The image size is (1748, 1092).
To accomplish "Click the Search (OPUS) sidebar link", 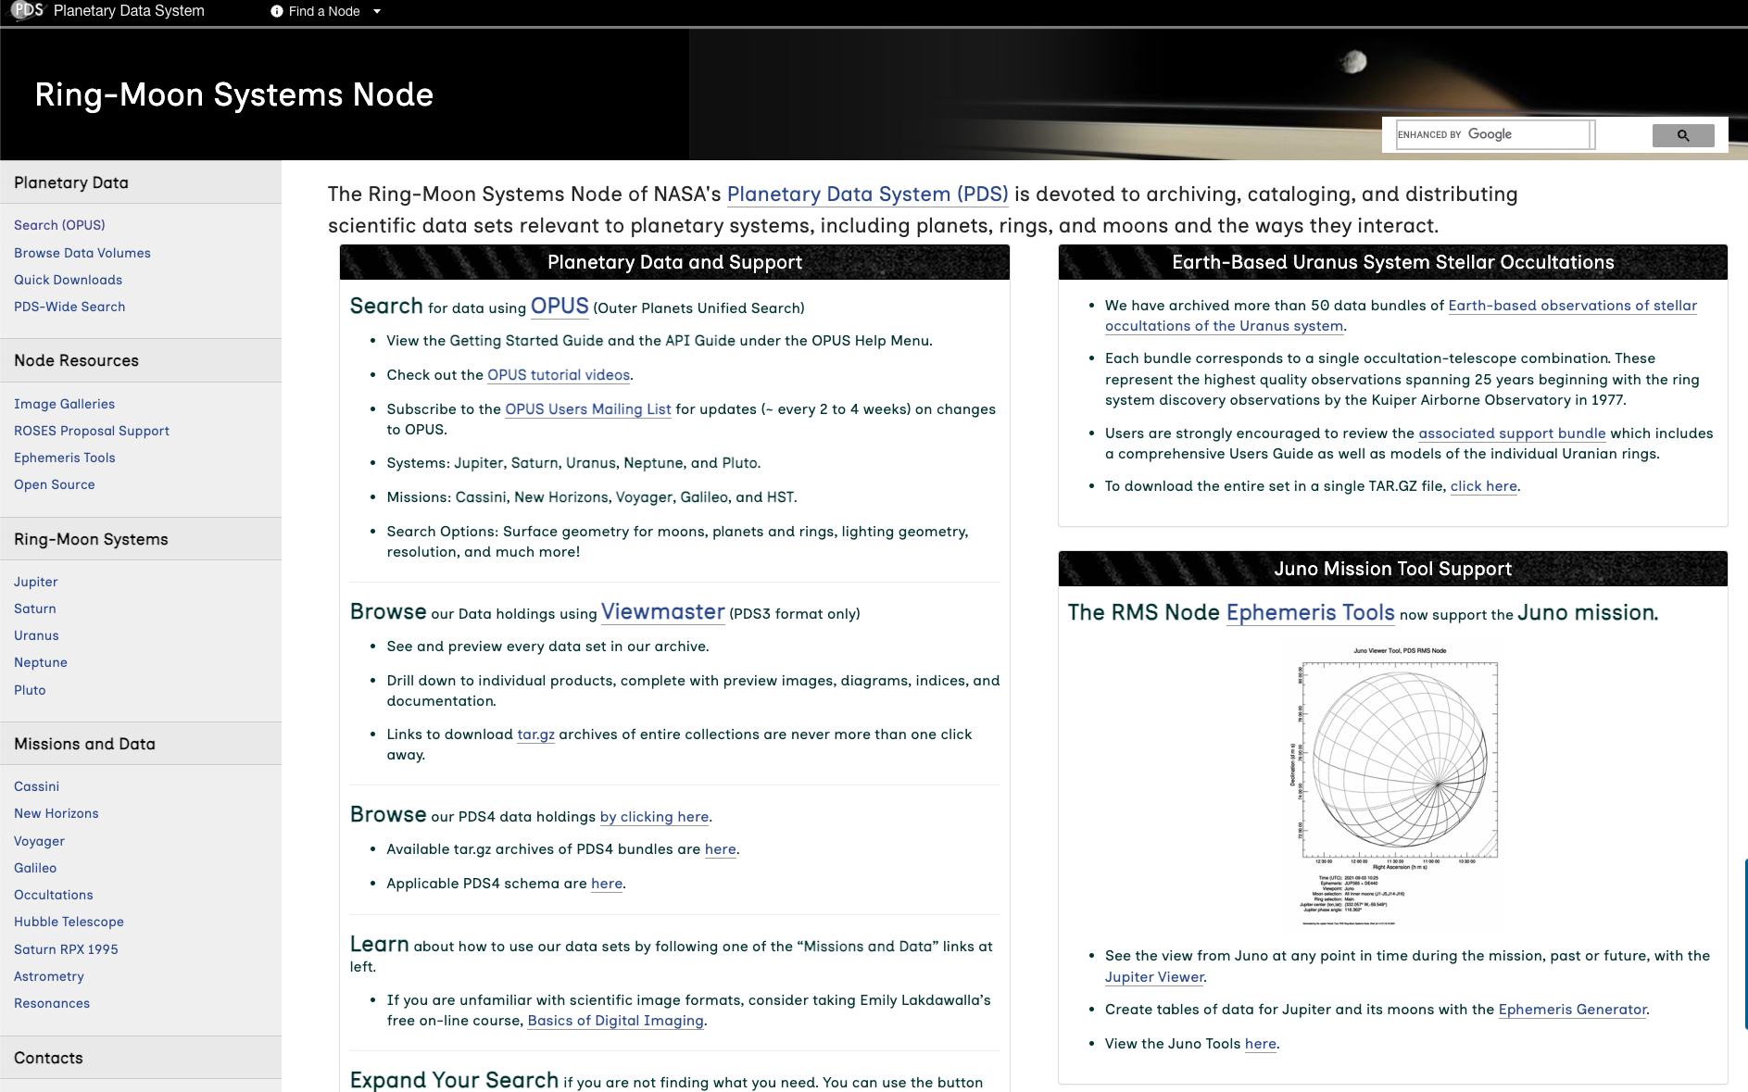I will click(x=59, y=225).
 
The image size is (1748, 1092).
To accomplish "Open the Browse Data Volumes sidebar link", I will click(x=82, y=253).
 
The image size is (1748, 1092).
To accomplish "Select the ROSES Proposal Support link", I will click(x=92, y=431).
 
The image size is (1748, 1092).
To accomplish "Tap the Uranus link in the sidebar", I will click(x=36, y=635).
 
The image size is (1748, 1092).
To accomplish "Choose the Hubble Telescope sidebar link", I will click(x=69, y=922).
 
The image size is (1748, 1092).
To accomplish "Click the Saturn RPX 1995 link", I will click(x=66, y=949).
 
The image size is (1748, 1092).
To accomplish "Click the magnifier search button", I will click(x=1682, y=135).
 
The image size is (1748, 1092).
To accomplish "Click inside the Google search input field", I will click(x=1528, y=134).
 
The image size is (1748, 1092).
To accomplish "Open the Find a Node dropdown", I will click(x=325, y=11).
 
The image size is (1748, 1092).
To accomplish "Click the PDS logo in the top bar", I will click(x=28, y=10).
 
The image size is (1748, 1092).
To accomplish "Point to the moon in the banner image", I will click(x=1354, y=61).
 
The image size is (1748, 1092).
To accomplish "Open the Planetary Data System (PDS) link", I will click(x=867, y=195).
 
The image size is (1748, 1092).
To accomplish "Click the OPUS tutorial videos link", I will click(x=559, y=375).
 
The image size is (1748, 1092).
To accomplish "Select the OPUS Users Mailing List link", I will click(x=587, y=409).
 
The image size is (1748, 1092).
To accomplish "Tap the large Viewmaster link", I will click(x=662, y=612).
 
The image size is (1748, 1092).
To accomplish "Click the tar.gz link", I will click(x=535, y=734).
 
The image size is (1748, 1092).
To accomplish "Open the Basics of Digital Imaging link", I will click(x=615, y=1021).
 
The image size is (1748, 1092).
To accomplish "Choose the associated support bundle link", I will click(x=1512, y=433).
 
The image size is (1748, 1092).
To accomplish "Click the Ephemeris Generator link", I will click(x=1572, y=1010).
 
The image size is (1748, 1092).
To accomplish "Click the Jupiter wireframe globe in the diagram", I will click(x=1399, y=759).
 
